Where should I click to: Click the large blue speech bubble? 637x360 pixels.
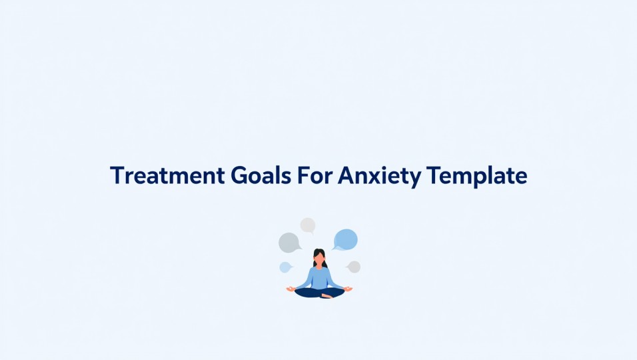coord(346,239)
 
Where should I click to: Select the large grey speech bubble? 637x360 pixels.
coord(289,243)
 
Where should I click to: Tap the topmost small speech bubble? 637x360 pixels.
coord(307,225)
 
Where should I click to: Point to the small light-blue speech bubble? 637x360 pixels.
coord(285,267)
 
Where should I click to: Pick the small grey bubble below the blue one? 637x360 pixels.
coord(354,267)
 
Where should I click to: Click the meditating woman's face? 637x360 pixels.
coord(320,257)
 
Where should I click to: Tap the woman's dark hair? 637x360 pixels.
coord(320,251)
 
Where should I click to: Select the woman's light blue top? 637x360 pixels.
coord(320,275)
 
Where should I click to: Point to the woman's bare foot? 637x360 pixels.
coord(326,295)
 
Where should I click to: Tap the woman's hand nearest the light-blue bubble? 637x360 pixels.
coord(290,289)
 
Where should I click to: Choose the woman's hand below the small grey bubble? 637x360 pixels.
coord(350,289)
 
